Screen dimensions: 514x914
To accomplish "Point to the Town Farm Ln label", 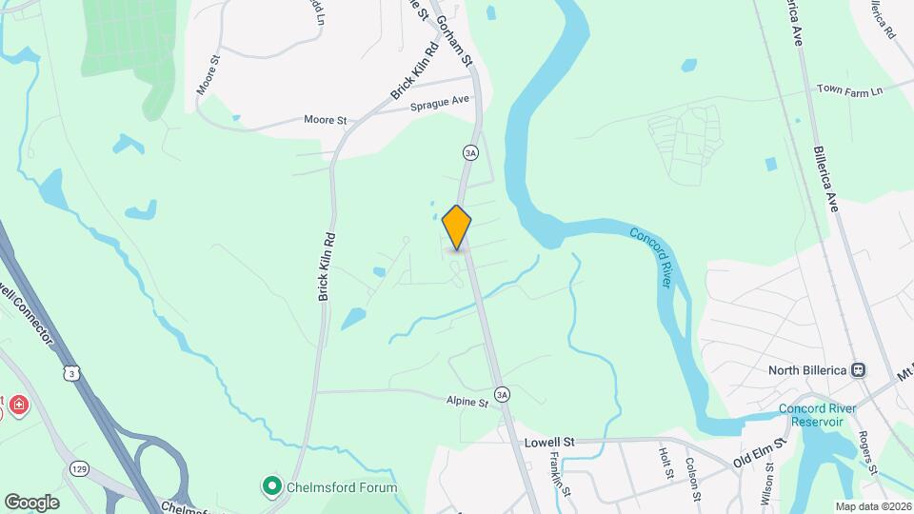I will coord(850,89).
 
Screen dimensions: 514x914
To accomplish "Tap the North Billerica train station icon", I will coord(858,370).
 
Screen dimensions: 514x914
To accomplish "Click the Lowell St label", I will coord(550,443).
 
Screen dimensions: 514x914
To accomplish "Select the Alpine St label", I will coord(467,403).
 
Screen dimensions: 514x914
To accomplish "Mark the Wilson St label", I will coord(767,484).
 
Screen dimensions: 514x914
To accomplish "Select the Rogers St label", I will coord(867,452).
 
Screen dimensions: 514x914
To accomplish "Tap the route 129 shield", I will coord(79,469).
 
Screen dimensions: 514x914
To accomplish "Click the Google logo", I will coord(31,502).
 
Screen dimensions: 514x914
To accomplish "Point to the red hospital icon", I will coord(18,407).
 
